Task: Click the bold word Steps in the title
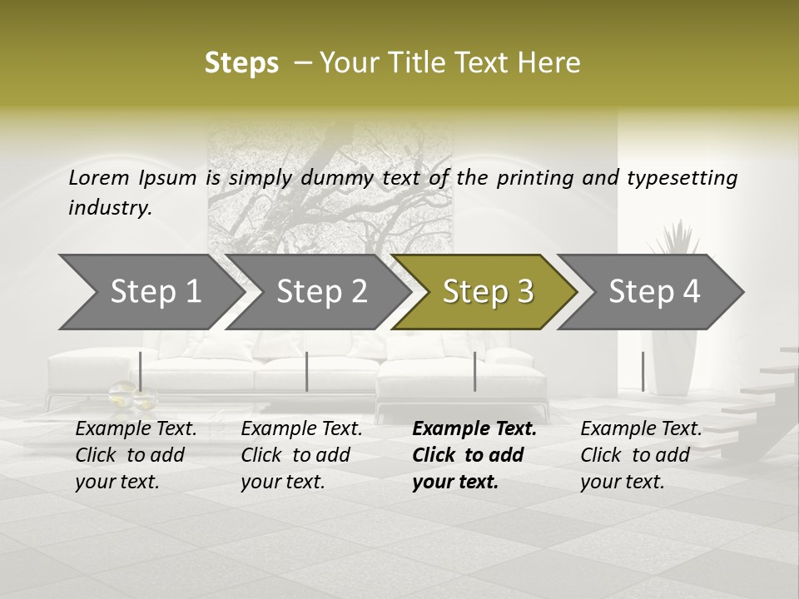point(241,63)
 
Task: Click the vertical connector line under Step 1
point(141,371)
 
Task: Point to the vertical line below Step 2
point(307,371)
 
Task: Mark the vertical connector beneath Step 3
point(475,371)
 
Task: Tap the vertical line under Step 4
point(643,371)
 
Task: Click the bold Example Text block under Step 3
point(474,455)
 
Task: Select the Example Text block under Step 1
point(136,455)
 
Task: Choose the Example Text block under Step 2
point(301,455)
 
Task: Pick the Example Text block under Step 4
point(641,455)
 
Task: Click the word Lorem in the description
point(99,177)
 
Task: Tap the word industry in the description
point(109,208)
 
